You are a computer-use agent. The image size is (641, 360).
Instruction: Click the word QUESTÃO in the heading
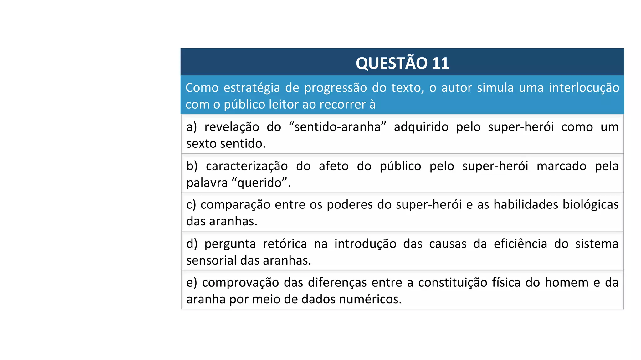(x=392, y=63)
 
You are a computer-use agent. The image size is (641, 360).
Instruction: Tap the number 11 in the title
(x=440, y=63)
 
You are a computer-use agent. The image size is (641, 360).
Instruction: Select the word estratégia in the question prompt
(x=252, y=88)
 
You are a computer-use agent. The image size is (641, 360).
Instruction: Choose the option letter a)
(x=192, y=127)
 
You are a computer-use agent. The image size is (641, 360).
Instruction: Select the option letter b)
(x=192, y=166)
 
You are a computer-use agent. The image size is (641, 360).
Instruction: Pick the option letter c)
(x=191, y=205)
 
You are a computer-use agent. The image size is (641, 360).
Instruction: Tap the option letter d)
(x=192, y=244)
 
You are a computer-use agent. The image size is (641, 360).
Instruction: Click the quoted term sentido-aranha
(x=337, y=127)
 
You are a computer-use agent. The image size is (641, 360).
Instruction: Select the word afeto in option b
(x=333, y=166)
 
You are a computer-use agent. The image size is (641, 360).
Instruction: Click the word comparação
(x=235, y=205)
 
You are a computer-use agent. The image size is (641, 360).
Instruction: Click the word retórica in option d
(x=285, y=244)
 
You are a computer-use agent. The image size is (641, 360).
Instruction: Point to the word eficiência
(x=520, y=244)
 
